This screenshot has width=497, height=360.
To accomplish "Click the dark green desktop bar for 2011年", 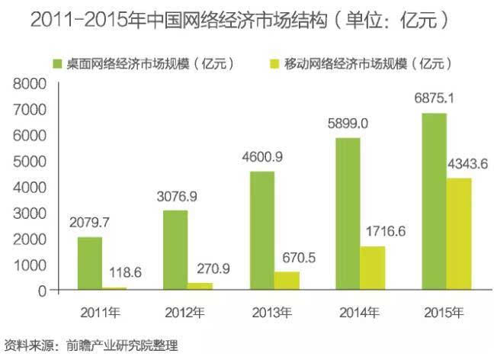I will [90, 263].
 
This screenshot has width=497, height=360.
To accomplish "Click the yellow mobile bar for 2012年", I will [200, 286].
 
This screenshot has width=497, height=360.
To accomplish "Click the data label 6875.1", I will [434, 98].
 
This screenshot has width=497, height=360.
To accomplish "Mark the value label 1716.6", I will [381, 230].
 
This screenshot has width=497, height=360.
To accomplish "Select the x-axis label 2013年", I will [271, 311].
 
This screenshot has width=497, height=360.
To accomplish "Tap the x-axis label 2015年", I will [444, 311].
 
